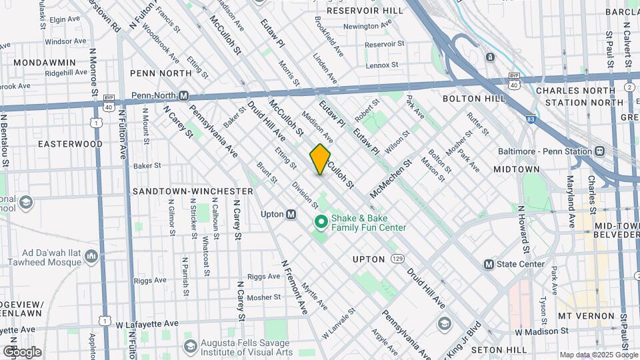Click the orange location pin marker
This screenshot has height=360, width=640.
(x=320, y=159)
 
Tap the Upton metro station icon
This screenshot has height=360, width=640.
(x=291, y=215)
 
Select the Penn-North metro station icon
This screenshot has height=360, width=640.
(x=183, y=96)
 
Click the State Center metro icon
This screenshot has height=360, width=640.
(x=489, y=265)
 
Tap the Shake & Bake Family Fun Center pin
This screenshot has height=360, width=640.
(x=320, y=221)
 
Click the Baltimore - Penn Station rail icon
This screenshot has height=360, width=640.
(x=599, y=151)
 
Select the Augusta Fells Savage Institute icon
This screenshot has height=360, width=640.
(x=190, y=346)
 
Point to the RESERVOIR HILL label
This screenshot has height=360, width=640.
(x=365, y=11)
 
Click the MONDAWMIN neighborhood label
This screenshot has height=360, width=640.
(x=44, y=62)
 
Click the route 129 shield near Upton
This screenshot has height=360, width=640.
(x=397, y=258)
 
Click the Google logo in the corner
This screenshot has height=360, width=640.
(x=21, y=351)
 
